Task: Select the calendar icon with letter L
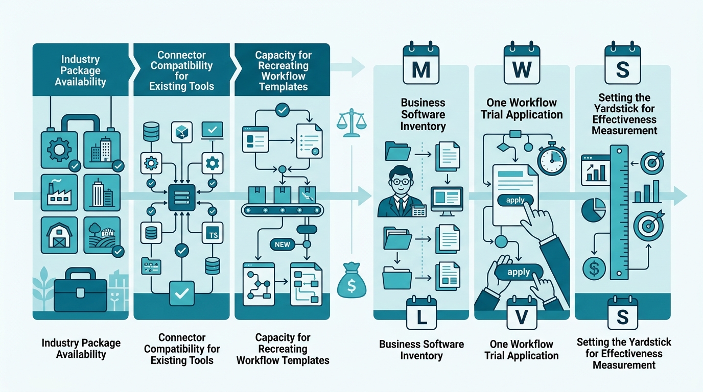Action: pos(421,313)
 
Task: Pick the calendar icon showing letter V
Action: pos(522,313)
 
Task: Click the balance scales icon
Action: pos(351,123)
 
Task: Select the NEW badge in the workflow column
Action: pos(283,244)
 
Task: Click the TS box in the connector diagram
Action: pos(213,233)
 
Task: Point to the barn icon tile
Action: pos(59,235)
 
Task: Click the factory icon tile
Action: pos(59,192)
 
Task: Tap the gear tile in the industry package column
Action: pos(59,150)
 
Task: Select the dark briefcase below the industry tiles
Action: pos(81,290)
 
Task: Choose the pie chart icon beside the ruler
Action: pos(594,210)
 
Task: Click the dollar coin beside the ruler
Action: pos(594,268)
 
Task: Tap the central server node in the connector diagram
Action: pos(182,198)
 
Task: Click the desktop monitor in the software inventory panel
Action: pos(447,201)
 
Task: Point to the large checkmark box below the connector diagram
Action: pos(182,293)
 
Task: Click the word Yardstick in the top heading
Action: pos(624,109)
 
